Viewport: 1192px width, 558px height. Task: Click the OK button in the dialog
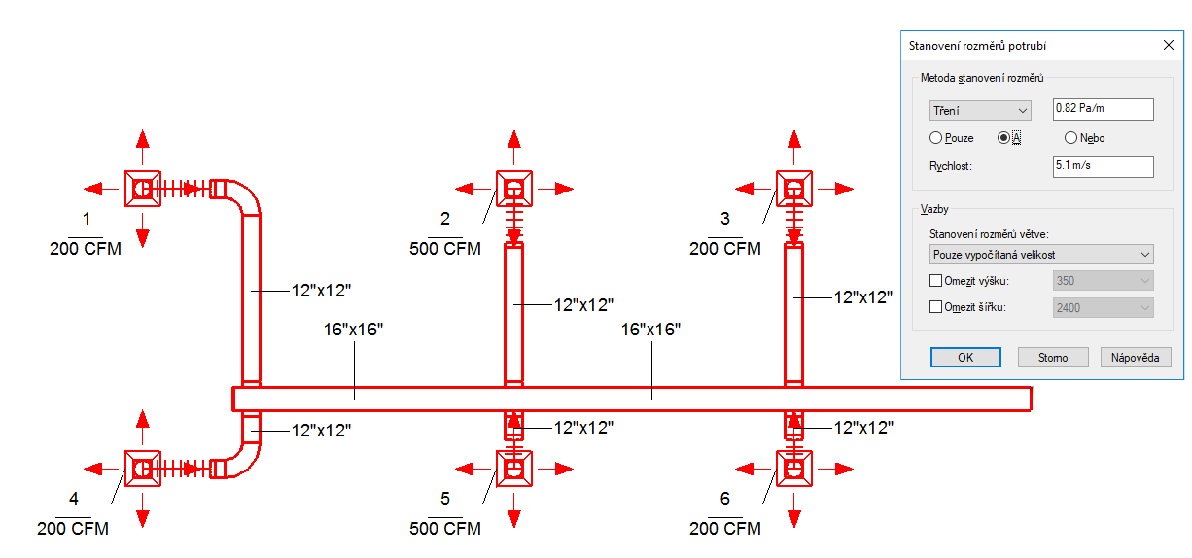[964, 357]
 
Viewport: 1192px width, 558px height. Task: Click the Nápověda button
[1135, 357]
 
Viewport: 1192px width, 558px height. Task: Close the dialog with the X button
[1169, 45]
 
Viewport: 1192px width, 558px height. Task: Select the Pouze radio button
[936, 138]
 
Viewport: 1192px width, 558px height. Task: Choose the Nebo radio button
[1070, 138]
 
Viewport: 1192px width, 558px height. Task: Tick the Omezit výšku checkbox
[936, 281]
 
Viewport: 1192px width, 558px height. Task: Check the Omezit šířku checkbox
[936, 307]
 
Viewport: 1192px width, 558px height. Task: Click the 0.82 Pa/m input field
[1103, 109]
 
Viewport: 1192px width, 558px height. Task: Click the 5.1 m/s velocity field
[1103, 166]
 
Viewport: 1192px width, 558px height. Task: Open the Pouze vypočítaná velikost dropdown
[1040, 254]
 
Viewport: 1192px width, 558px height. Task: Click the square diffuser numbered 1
[142, 188]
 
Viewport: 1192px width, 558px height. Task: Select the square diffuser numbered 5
[513, 469]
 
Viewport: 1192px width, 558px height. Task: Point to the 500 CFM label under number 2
[445, 249]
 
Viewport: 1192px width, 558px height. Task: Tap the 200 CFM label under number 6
[725, 529]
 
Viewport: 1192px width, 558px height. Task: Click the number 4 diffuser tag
[73, 499]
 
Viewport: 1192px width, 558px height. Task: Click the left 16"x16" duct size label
[354, 330]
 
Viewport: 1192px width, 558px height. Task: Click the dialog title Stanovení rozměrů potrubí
[977, 45]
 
